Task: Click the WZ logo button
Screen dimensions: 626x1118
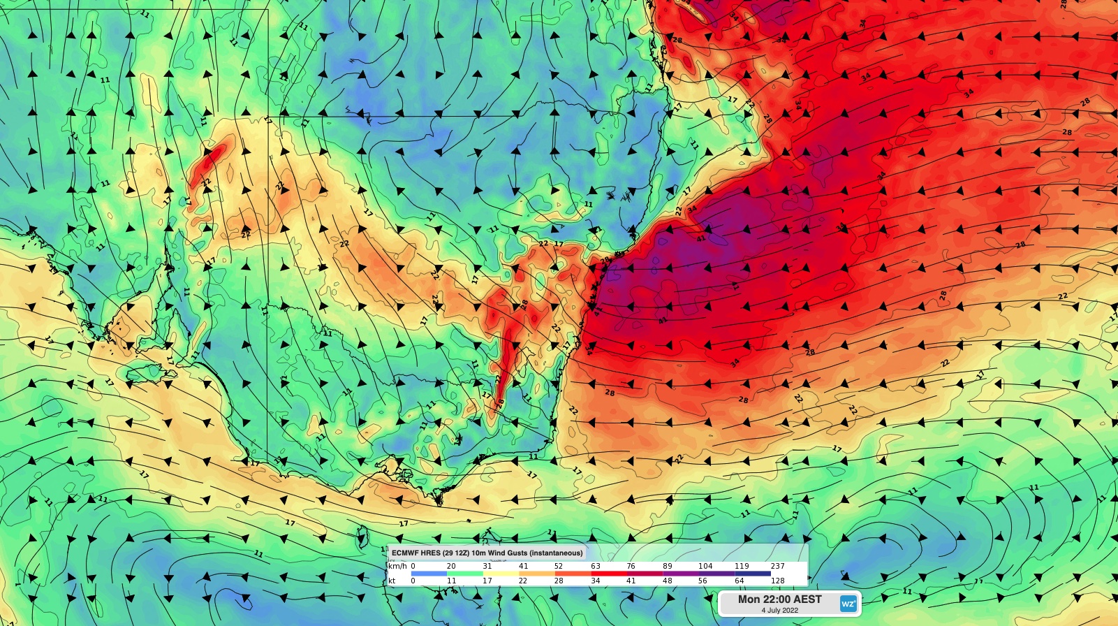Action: [848, 604]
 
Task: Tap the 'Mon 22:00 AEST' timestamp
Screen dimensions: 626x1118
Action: [779, 599]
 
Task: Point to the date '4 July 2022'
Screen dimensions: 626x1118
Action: [779, 611]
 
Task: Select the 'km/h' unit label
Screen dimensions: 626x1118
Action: [397, 566]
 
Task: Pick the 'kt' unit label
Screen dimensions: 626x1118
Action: [392, 581]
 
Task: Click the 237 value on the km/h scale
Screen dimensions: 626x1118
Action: [777, 566]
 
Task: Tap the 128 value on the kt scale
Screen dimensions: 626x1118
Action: [777, 581]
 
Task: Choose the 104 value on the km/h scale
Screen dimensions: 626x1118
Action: [705, 566]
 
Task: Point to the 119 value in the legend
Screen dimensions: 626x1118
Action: [742, 566]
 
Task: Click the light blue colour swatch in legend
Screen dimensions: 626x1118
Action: [429, 574]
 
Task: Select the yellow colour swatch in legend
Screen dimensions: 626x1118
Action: [501, 574]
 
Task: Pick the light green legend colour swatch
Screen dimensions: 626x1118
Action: [465, 574]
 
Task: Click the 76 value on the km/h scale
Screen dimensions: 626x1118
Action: [631, 566]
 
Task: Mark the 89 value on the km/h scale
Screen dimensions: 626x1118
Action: [668, 566]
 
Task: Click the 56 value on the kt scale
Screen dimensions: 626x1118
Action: [703, 581]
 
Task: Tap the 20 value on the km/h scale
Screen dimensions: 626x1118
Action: [451, 566]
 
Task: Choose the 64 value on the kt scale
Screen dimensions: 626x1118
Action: [739, 581]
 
